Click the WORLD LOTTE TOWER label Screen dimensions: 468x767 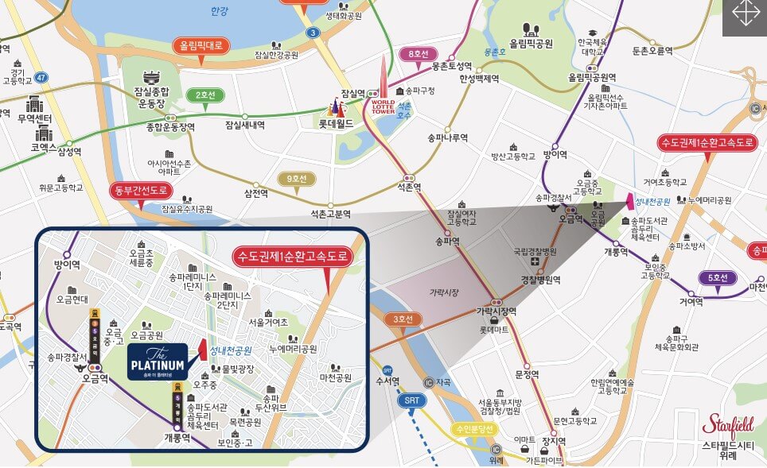coord(383,106)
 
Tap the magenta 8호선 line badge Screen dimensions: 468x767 coord(419,55)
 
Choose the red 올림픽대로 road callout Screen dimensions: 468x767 coord(201,46)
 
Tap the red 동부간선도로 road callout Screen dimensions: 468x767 coord(141,191)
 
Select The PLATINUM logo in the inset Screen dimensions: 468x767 coord(157,362)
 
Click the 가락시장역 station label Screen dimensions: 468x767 coord(497,311)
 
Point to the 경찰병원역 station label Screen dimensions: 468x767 coord(541,280)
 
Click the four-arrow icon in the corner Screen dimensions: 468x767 coord(745,17)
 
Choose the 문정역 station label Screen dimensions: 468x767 coord(527,374)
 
